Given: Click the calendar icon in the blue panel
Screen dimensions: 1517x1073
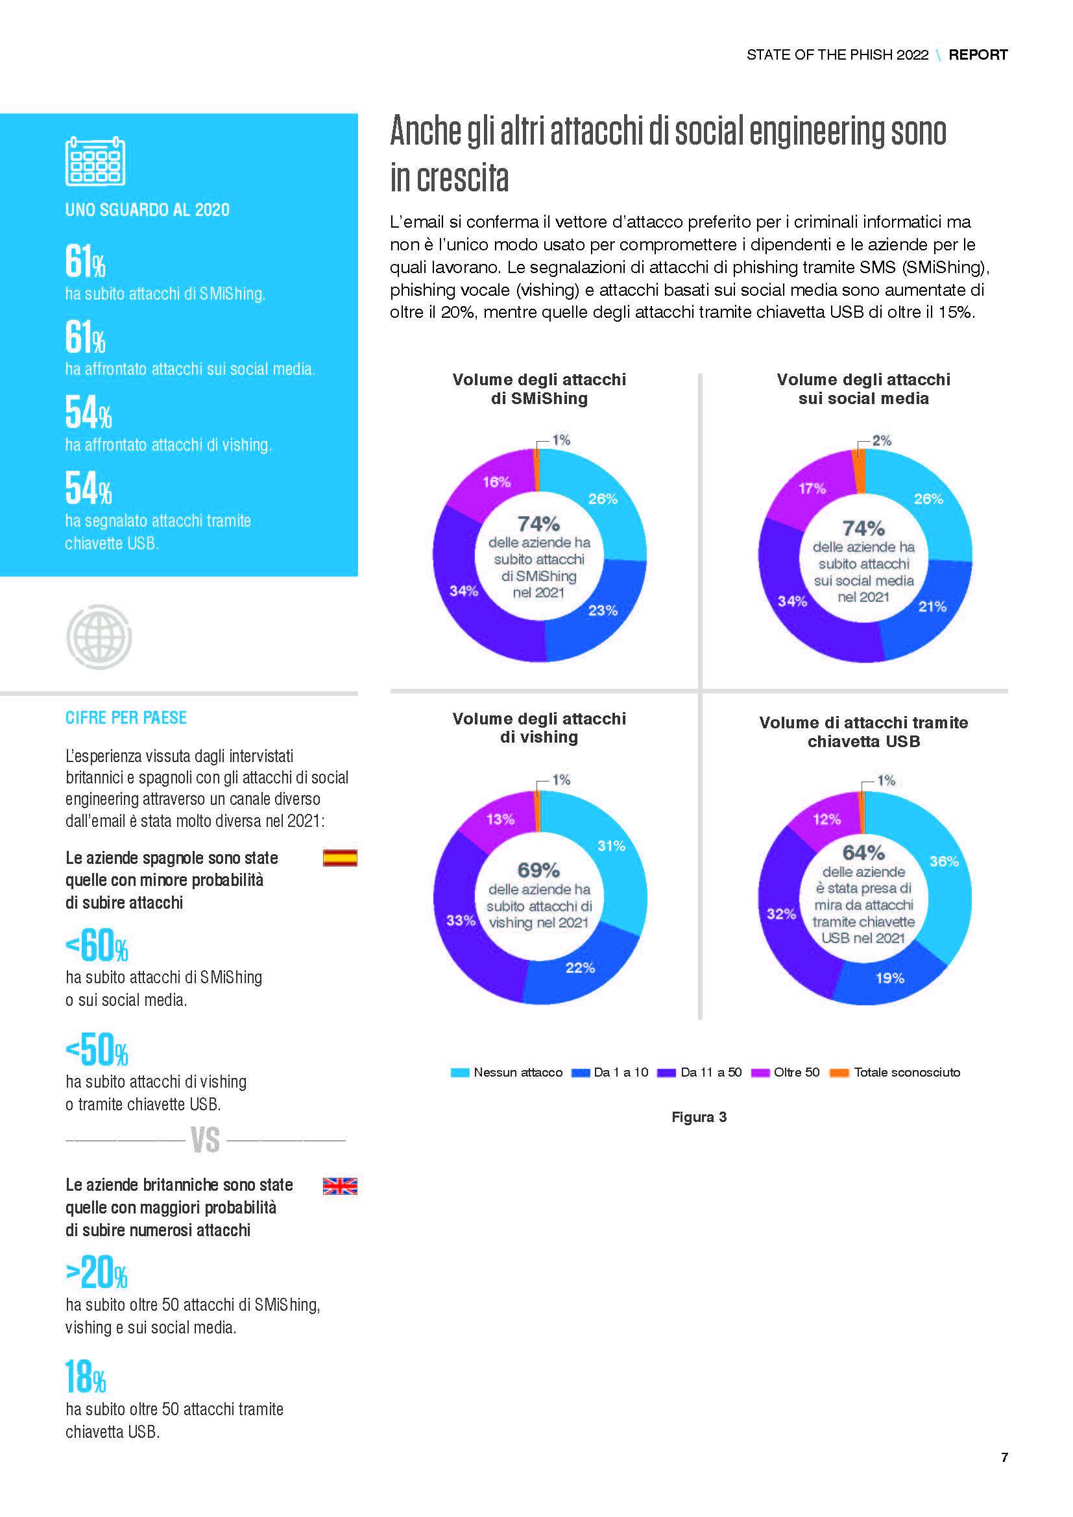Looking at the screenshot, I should pos(95,161).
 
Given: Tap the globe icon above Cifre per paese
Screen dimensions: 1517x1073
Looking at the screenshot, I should pos(99,637).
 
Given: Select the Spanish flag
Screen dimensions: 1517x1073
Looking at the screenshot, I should pos(339,857).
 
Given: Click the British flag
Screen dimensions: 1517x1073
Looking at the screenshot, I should pos(339,1186).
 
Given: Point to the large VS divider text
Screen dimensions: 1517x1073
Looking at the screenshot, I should pos(205,1140).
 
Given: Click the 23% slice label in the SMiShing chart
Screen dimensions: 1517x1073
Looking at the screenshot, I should pos(603,610).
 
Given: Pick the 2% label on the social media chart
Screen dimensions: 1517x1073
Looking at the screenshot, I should pos(882,440).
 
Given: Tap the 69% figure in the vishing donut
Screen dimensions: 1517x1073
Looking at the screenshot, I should pos(538,870).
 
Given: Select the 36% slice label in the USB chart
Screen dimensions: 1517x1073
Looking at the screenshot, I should pos(943,861).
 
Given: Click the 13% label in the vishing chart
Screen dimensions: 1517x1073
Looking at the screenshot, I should pos(500,819).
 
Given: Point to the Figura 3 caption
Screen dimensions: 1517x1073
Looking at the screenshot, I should pos(699,1117).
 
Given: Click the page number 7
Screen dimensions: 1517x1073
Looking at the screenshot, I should pos(1004,1457).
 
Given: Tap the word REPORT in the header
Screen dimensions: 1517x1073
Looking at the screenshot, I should pos(978,55).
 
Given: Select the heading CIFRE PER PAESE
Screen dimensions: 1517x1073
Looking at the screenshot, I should pos(126,717).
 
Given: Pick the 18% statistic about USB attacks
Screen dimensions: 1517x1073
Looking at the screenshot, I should pos(86,1377).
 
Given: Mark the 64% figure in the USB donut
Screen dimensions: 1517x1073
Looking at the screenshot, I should pos(863,852).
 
